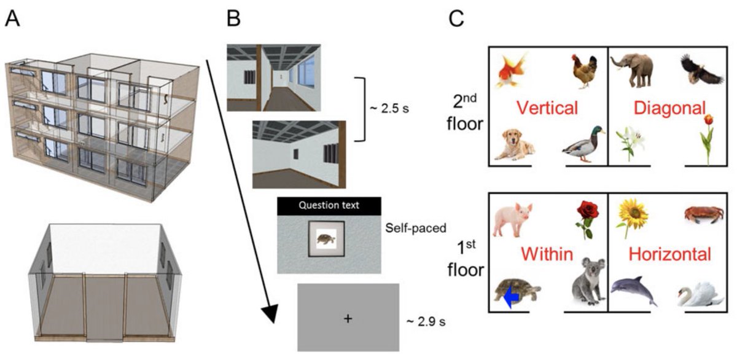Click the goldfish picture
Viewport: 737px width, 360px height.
[515, 71]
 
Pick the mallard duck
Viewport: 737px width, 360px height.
[583, 143]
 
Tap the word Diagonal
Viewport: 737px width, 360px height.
[670, 109]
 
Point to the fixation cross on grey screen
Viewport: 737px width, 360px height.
[348, 317]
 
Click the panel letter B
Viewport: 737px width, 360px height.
[234, 20]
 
